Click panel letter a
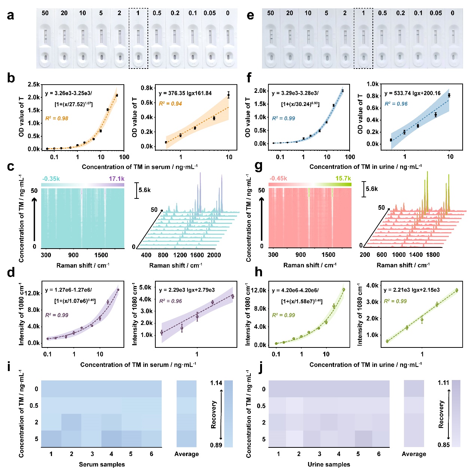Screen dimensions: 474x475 [x=10, y=15]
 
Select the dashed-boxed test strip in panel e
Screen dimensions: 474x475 [x=363, y=39]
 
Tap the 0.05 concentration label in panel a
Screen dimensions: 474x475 [x=210, y=13]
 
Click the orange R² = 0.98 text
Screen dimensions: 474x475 [x=57, y=118]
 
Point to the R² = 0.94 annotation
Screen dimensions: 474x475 [x=170, y=104]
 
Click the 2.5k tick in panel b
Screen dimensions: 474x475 [x=34, y=85]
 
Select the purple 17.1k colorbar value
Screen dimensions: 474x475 [x=116, y=179]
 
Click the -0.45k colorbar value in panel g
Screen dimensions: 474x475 [x=278, y=178]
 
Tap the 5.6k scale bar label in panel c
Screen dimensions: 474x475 [x=144, y=190]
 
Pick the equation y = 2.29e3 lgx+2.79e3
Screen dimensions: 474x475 [x=187, y=290]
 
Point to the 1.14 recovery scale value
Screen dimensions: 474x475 [x=216, y=383]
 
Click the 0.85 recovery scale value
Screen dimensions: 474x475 [x=444, y=445]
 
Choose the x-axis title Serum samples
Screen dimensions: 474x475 [x=102, y=464]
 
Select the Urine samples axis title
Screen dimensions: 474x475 [x=329, y=464]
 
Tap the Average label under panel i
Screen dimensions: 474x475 [x=186, y=454]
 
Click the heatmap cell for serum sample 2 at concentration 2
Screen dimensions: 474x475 [x=71, y=422]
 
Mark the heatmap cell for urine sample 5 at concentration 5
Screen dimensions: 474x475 [x=358, y=439]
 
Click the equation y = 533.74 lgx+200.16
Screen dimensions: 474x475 [x=412, y=93]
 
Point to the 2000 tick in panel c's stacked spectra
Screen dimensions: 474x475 [x=214, y=255]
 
